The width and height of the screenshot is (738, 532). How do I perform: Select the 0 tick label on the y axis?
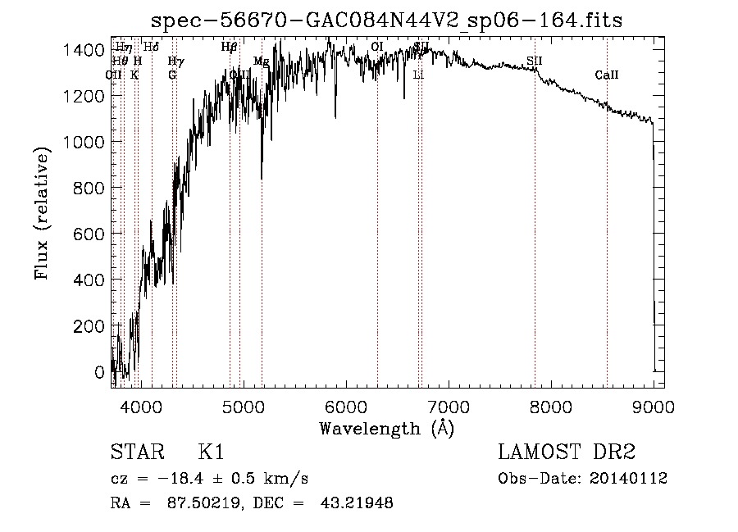[x=99, y=372]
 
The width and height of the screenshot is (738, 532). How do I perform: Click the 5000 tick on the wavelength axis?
[x=243, y=404]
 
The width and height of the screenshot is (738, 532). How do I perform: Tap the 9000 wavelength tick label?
[x=653, y=404]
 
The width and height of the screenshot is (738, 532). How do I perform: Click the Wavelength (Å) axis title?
[x=386, y=428]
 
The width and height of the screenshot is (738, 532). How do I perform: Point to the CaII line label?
[x=607, y=75]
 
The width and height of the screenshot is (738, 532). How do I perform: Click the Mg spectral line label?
[x=261, y=61]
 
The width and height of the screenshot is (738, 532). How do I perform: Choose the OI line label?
[x=377, y=47]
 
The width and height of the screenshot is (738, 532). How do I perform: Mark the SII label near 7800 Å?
[x=535, y=61]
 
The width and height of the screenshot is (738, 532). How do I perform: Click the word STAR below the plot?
[x=136, y=453]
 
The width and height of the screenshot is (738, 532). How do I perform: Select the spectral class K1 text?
[x=212, y=453]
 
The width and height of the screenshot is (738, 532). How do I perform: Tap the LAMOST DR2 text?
[x=567, y=453]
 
